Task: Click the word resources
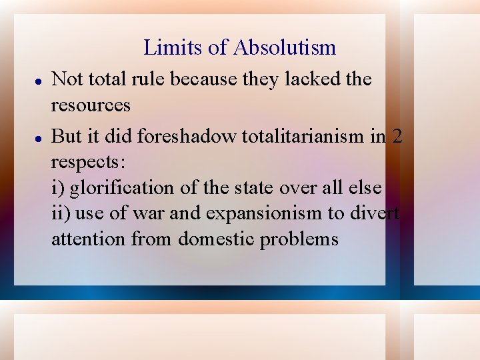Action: [91, 105]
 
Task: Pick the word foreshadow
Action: [186, 136]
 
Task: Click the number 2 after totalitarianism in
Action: [397, 136]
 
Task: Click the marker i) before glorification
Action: [58, 187]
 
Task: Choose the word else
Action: [365, 187]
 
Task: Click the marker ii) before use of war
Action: [61, 213]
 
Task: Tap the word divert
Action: [377, 213]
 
